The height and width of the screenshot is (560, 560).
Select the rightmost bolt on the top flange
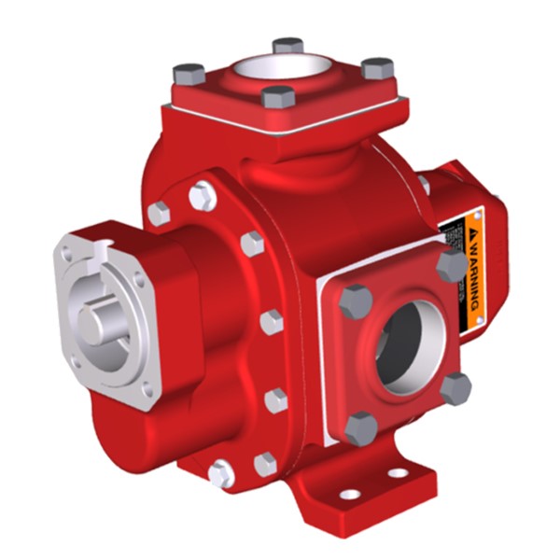[378, 68]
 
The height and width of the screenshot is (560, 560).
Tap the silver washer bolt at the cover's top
[203, 197]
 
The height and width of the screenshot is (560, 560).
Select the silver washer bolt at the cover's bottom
[221, 474]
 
